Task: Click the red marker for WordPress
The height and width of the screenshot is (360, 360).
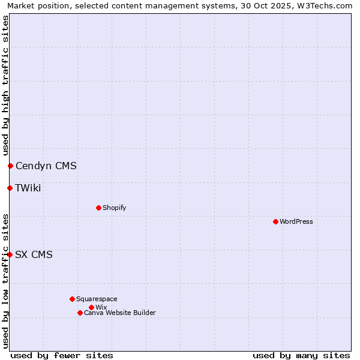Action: pos(275,221)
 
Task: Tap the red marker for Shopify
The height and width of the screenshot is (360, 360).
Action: pos(98,208)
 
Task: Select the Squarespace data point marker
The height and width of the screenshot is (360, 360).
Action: pos(72,299)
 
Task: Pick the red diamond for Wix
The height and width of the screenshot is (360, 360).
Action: pos(91,307)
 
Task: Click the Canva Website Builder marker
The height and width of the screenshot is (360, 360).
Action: pos(80,313)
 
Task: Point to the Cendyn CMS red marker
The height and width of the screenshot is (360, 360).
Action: pos(10,166)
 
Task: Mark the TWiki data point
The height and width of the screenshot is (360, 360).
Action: pos(10,188)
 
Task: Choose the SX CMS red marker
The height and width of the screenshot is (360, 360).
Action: pos(10,254)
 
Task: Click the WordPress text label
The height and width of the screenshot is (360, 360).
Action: pos(296,221)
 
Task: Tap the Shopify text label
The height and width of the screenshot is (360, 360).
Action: pos(114,208)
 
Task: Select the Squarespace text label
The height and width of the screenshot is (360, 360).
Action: pos(97,299)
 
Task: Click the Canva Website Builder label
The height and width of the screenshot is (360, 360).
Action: pos(120,313)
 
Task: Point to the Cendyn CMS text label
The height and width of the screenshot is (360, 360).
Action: pos(46,166)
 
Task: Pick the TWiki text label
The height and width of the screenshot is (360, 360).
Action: pos(28,188)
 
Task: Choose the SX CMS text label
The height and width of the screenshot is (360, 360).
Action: pos(34,254)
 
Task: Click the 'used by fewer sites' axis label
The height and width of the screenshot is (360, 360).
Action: pos(62,355)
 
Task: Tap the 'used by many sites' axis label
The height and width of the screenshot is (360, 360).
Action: pos(301,355)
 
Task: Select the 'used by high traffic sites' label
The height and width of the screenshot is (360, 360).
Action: pos(5,86)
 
